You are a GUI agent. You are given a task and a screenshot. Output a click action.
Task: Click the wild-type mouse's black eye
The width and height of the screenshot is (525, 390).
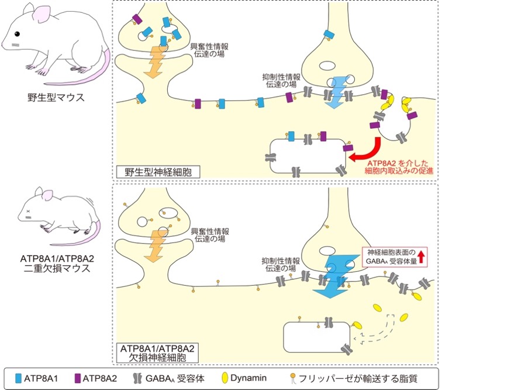[x=17, y=34]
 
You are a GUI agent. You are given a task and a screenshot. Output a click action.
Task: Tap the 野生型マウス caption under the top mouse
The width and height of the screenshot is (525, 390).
[x=56, y=97]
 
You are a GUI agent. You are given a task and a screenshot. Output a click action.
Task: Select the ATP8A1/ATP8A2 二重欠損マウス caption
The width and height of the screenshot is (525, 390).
[x=57, y=264]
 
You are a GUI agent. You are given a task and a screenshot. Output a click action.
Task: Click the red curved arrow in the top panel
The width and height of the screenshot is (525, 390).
[x=368, y=152]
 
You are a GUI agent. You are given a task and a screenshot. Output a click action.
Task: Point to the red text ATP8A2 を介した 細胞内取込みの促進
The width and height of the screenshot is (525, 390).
[x=399, y=167]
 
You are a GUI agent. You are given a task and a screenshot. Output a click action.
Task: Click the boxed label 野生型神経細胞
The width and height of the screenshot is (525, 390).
[x=158, y=172]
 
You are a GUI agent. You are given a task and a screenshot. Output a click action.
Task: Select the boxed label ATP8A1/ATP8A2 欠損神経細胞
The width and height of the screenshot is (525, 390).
[x=157, y=353]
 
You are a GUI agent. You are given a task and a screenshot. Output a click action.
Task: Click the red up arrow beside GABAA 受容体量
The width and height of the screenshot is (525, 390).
[x=421, y=257]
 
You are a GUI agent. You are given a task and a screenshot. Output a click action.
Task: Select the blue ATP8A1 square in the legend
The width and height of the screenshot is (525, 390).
[x=18, y=379]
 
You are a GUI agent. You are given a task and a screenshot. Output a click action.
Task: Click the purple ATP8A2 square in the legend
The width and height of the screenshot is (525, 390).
[x=78, y=379]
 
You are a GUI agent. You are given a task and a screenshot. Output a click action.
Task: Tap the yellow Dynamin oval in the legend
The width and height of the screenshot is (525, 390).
[x=224, y=378]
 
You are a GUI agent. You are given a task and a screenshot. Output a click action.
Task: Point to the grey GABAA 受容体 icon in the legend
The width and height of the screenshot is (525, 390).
[x=137, y=379]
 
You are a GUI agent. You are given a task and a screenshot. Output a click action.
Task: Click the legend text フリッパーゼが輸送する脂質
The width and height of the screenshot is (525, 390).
[x=358, y=379]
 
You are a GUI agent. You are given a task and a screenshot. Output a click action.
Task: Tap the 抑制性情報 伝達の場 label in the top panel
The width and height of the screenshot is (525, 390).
[x=281, y=80]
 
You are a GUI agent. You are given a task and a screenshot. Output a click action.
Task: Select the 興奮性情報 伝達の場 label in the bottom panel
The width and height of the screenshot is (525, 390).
[x=210, y=235]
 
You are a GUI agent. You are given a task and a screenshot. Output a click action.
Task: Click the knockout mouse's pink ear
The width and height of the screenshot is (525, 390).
[x=47, y=195]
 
